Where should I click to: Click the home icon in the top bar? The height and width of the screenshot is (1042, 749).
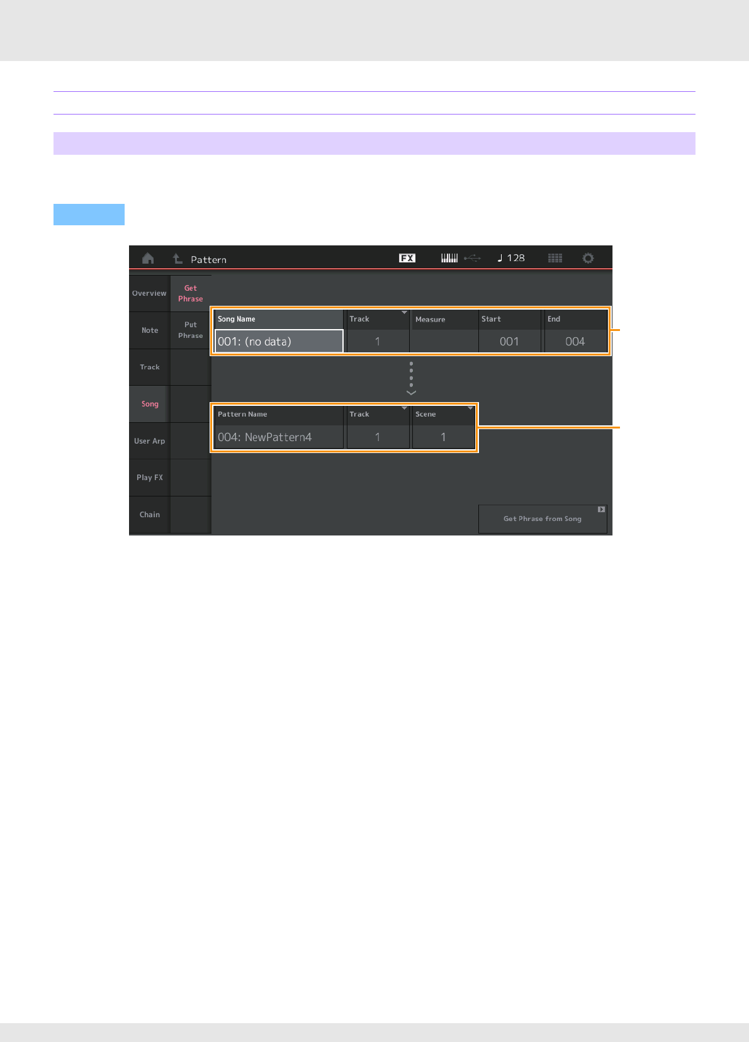click(x=148, y=259)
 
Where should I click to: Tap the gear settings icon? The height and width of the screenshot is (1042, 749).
click(x=588, y=259)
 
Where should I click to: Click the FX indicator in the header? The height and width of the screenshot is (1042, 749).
click(x=407, y=258)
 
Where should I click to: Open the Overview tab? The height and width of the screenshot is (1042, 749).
click(x=149, y=293)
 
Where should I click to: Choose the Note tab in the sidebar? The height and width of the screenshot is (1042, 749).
click(x=150, y=330)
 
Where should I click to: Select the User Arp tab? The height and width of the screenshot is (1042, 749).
click(x=150, y=441)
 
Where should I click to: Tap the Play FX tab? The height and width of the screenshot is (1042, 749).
click(x=150, y=478)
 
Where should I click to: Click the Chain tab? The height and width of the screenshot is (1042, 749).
click(x=150, y=515)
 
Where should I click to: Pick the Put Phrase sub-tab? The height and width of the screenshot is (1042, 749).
click(x=191, y=330)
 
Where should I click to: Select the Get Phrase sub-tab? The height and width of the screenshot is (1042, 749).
click(x=191, y=293)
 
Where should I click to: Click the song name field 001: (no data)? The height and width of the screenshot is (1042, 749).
click(x=279, y=342)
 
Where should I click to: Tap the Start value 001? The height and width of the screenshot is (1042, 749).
click(x=509, y=342)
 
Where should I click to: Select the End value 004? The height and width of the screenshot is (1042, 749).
click(x=575, y=342)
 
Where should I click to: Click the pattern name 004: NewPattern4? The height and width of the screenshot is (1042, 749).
click(x=279, y=437)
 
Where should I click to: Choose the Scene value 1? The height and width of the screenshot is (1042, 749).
click(x=443, y=437)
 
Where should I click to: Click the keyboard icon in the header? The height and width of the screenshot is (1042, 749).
click(x=449, y=258)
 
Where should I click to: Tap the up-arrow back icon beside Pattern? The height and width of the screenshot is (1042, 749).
click(x=177, y=259)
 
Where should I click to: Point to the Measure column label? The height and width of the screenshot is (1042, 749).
click(x=431, y=320)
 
